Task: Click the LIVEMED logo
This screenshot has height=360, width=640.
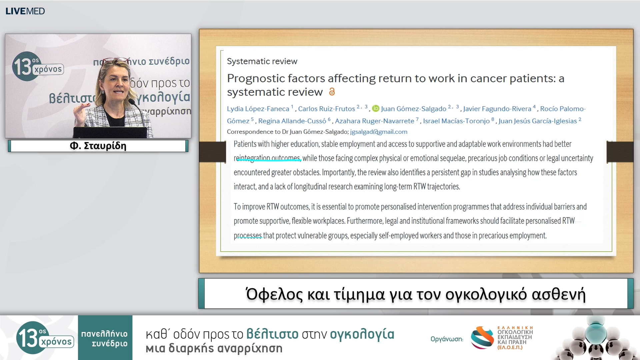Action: (25, 11)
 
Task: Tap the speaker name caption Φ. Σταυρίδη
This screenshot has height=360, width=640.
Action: (98, 146)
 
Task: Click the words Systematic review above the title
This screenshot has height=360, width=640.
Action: (262, 61)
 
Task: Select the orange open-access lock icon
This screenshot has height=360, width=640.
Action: (332, 92)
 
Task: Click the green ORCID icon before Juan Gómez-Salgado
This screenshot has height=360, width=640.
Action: (376, 109)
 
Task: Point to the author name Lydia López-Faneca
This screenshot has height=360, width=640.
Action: (258, 109)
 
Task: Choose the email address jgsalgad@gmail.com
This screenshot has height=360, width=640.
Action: (379, 132)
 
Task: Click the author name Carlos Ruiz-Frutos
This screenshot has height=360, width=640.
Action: (326, 109)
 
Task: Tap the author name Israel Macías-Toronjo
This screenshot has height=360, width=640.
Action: (456, 121)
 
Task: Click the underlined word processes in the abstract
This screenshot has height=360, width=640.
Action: (248, 236)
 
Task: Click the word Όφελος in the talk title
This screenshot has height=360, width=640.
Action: (274, 294)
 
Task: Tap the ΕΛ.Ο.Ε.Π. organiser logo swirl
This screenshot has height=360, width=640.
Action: (482, 338)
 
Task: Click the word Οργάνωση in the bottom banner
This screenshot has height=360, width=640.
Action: (447, 339)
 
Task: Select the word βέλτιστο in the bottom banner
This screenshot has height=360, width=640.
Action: (272, 334)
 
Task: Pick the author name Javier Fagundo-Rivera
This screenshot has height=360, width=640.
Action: (497, 109)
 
